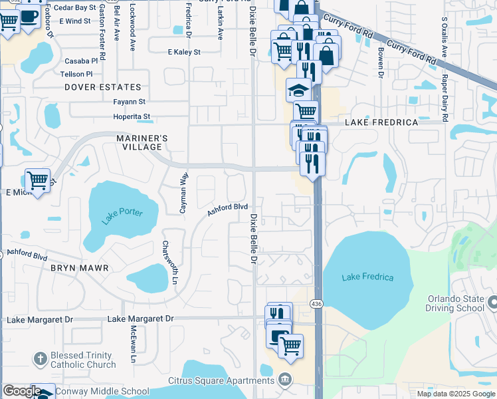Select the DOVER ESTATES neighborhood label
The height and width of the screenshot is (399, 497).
point(103,87)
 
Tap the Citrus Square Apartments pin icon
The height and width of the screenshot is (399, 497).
point(285,379)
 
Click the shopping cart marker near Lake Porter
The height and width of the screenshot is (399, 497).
point(37,180)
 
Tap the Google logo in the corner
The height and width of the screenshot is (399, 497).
point(21,391)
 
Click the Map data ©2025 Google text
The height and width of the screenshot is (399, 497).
point(455,394)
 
